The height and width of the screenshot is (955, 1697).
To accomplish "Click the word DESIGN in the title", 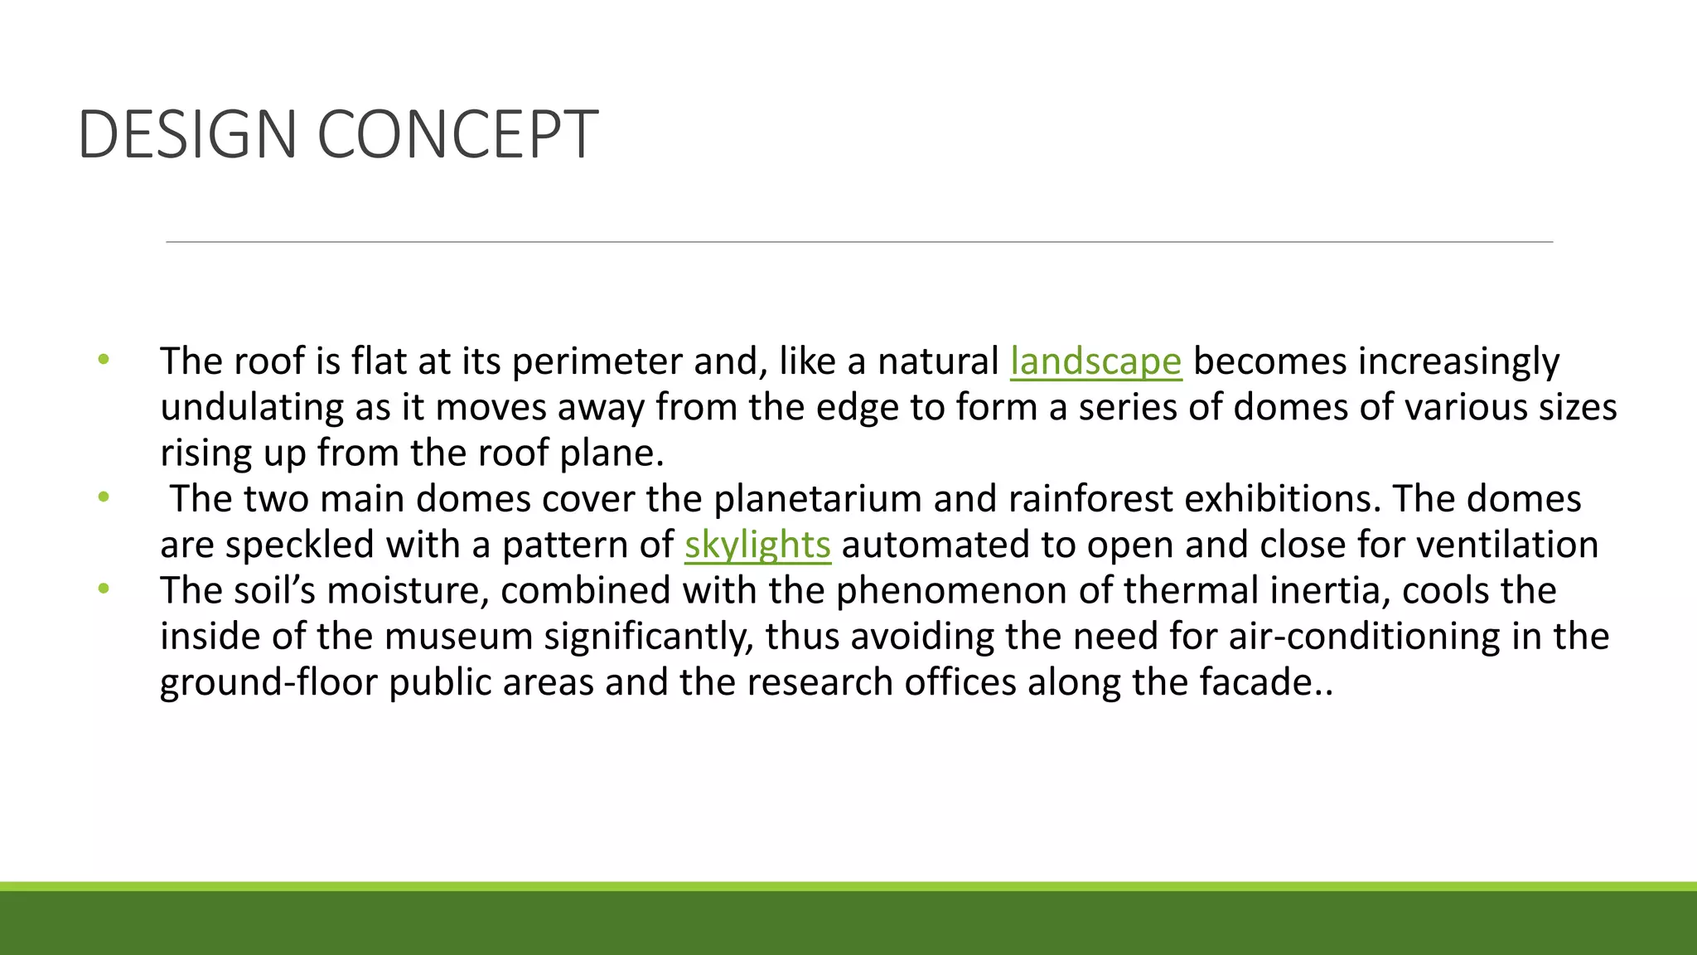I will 187,134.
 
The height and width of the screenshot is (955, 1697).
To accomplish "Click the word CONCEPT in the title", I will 457,134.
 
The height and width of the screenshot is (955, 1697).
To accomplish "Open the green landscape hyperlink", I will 1095,361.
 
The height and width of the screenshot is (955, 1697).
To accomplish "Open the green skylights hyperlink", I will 757,545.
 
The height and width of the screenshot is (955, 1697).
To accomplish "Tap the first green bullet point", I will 104,360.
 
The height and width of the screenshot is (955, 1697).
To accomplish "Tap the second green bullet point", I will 104,497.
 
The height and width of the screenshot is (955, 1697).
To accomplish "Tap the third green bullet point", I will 104,589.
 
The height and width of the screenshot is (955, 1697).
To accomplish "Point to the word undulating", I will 252,408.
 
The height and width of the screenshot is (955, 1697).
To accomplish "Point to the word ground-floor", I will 268,682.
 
